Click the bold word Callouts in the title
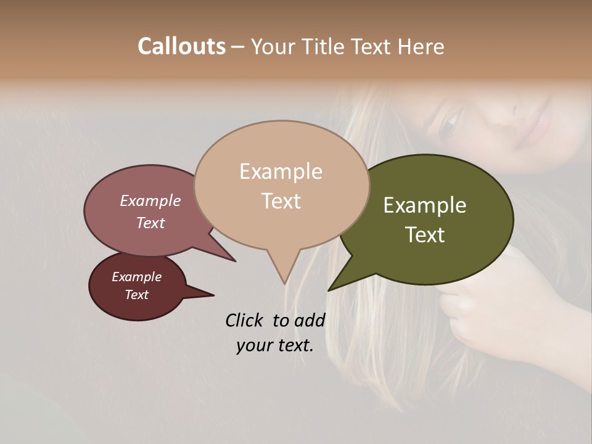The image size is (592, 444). (x=181, y=46)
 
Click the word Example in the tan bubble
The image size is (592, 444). (x=281, y=171)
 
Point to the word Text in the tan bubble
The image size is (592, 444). (x=281, y=201)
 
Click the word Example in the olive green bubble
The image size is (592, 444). (x=425, y=205)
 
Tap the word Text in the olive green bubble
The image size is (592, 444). (x=425, y=235)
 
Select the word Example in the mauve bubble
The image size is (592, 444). (x=150, y=200)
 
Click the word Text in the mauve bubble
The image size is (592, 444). (x=150, y=223)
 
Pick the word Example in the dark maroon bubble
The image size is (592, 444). (x=136, y=277)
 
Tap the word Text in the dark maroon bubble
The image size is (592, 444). (x=136, y=295)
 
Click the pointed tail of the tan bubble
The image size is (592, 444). (x=284, y=277)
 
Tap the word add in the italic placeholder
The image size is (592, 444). (x=309, y=320)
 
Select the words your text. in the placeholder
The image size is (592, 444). (x=275, y=345)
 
